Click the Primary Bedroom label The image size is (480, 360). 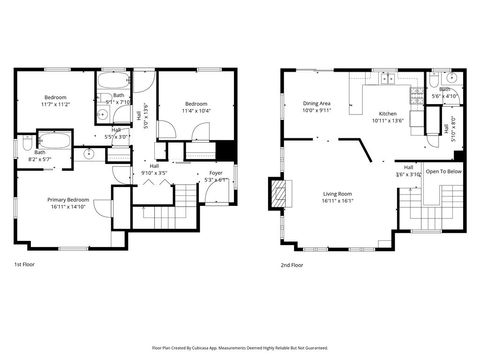tap(69, 200)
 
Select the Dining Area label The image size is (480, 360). tap(319, 103)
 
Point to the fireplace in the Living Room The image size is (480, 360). tap(277, 193)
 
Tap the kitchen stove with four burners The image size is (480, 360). tap(417, 95)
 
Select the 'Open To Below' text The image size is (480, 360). tap(443, 171)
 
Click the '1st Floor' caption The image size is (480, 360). tap(25, 265)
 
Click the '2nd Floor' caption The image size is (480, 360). tap(293, 265)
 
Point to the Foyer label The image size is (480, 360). tap(215, 173)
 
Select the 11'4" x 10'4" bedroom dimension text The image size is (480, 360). tap(197, 111)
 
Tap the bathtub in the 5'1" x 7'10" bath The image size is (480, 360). tap(109, 79)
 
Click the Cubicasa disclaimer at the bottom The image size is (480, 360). tap(239, 347)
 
